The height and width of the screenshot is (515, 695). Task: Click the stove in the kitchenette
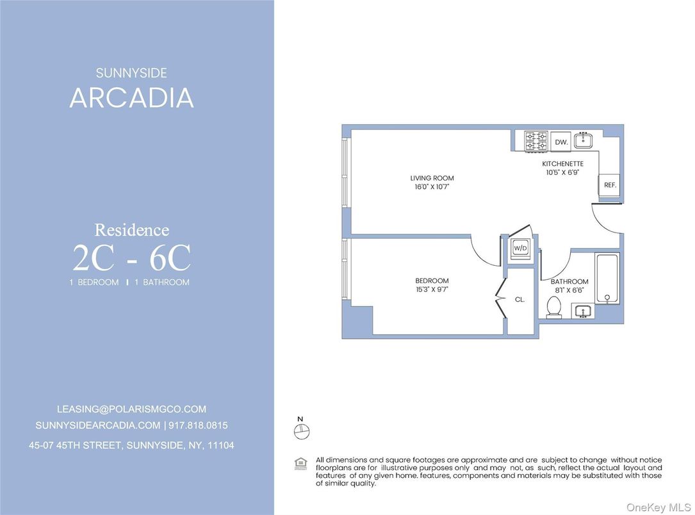coord(536,142)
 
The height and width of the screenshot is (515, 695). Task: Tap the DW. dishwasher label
coord(561,142)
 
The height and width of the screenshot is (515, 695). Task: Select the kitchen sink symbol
coord(584,141)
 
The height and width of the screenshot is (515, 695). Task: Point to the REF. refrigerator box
coord(609,184)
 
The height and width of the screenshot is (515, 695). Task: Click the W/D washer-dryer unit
coord(519,249)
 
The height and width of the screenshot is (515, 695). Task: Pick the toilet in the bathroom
coord(554,308)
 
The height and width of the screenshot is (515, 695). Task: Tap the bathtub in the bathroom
coord(607,279)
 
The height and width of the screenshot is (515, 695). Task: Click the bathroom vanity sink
coord(582,311)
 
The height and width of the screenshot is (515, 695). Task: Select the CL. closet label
coord(519,299)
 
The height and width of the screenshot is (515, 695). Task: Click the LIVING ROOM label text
coord(428,178)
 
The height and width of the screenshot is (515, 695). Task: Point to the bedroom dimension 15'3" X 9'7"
coord(432,290)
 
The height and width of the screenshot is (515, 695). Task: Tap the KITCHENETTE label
coord(562,164)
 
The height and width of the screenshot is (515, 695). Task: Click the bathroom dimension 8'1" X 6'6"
coord(569,290)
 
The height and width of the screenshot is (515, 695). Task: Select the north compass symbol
coord(301,432)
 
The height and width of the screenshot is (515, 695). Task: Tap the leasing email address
coord(131,409)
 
